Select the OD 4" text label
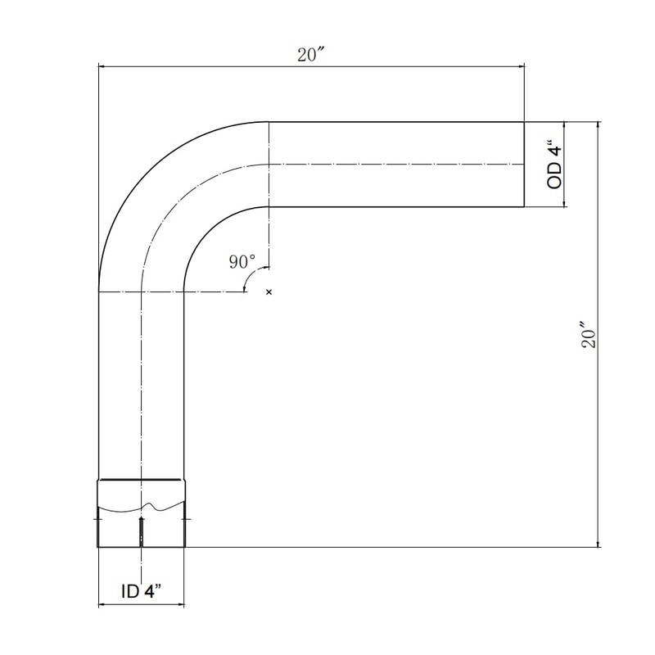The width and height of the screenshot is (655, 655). pyautogui.click(x=555, y=166)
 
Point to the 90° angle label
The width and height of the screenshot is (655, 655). pyautogui.click(x=242, y=261)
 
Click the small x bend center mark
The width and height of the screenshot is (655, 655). pyautogui.click(x=269, y=291)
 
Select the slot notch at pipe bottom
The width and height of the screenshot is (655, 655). pyautogui.click(x=142, y=531)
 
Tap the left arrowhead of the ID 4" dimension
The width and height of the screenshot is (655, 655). pyautogui.click(x=102, y=606)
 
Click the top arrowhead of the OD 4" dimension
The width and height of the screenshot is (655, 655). pyautogui.click(x=564, y=125)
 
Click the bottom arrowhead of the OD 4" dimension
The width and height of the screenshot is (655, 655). pyautogui.click(x=564, y=204)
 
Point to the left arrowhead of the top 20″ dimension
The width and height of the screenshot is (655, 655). pyautogui.click(x=102, y=67)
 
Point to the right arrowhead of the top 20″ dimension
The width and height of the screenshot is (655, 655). pyautogui.click(x=520, y=67)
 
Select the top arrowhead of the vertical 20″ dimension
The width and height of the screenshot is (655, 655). pyautogui.click(x=599, y=125)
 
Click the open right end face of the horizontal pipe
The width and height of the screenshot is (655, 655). pyautogui.click(x=524, y=165)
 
